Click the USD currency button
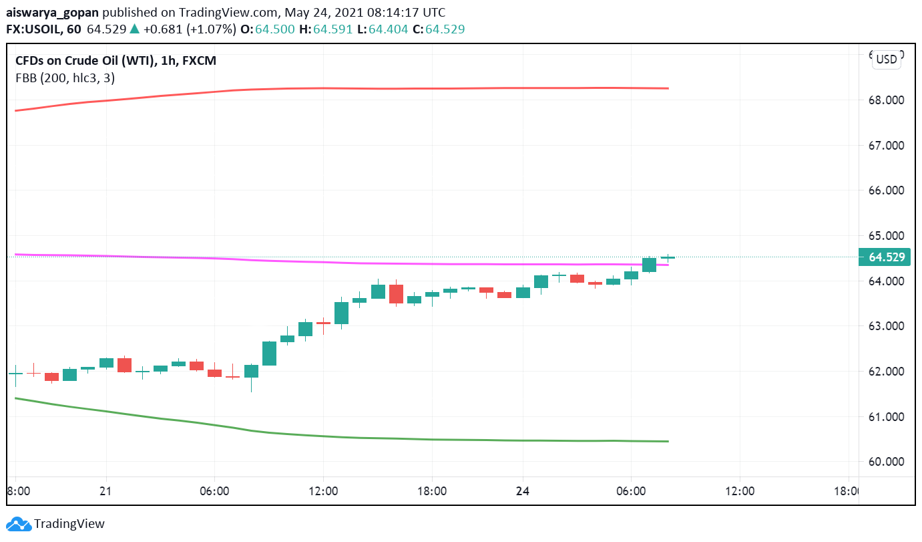[x=887, y=59]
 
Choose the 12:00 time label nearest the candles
[x=323, y=491]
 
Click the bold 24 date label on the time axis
[x=523, y=491]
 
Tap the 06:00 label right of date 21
[x=214, y=491]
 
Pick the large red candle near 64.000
[x=396, y=294]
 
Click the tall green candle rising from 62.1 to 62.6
[x=269, y=354]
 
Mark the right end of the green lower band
[x=668, y=441]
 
